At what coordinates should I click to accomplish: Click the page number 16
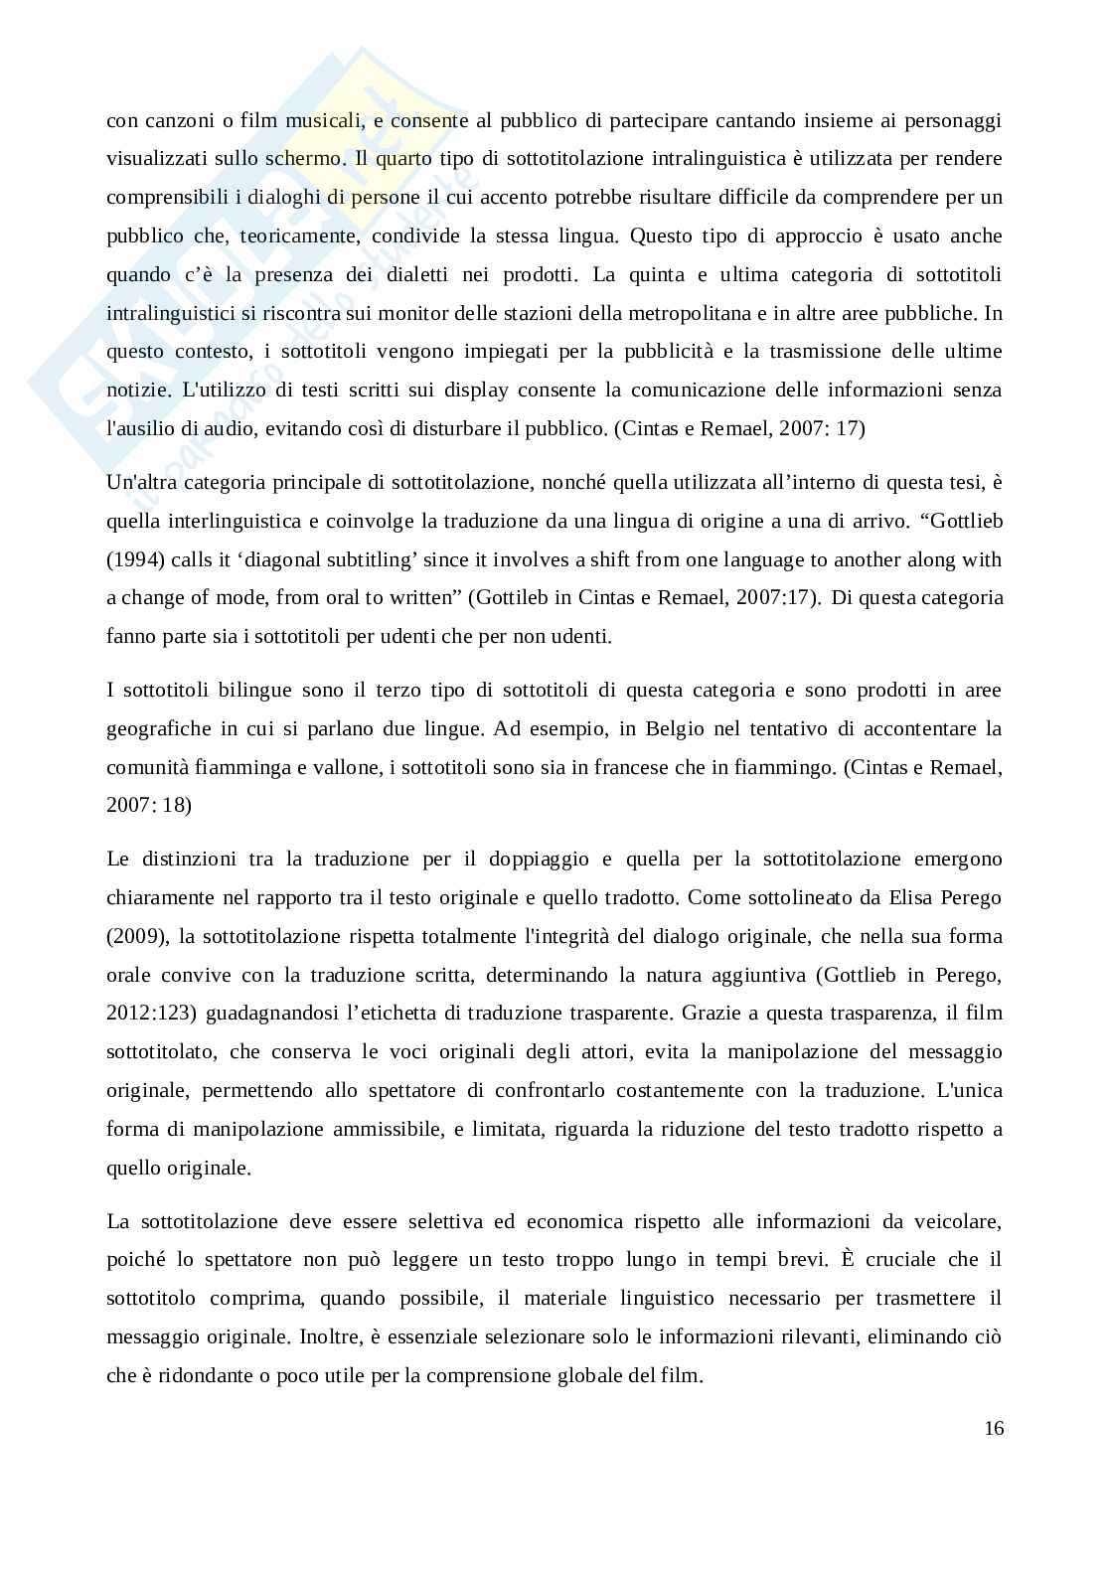tap(994, 1429)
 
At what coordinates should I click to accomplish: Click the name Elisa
tap(892, 897)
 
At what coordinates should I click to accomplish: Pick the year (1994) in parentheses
tap(132, 559)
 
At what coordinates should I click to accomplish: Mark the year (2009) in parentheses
tap(132, 936)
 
